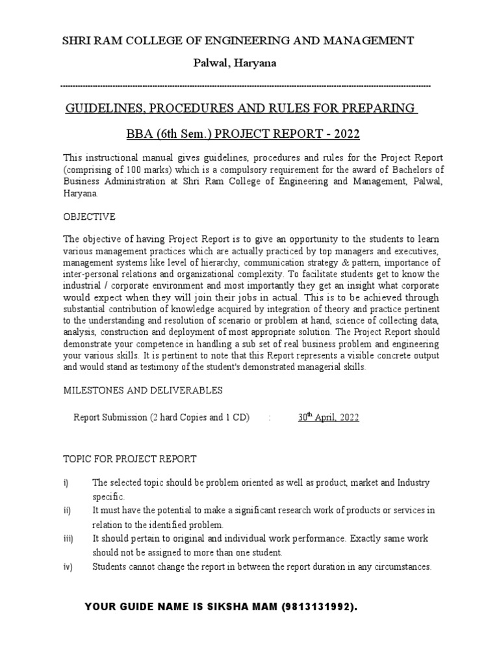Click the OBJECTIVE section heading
coord(88,216)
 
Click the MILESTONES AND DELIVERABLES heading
coord(142,390)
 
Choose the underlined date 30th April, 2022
coord(328,418)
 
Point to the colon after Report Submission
coord(269,418)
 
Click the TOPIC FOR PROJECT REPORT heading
coord(129,459)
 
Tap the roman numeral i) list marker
coord(66,483)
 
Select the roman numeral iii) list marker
coord(68,539)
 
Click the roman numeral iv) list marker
coord(68,567)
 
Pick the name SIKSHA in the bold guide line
coord(231,607)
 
